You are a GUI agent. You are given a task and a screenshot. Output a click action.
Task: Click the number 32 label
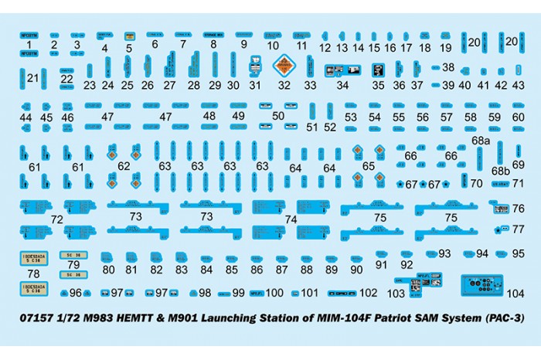[284, 86]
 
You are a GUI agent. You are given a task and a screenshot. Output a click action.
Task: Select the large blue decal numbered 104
[482, 285]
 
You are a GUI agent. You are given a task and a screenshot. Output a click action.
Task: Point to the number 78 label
[33, 273]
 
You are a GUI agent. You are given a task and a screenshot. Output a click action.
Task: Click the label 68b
[501, 170]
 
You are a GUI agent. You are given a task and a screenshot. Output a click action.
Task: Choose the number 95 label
[518, 253]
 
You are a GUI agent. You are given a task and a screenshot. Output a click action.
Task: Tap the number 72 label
[56, 220]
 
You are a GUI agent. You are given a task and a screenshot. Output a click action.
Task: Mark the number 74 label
[290, 219]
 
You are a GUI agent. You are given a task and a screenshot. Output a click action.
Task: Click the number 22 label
[67, 79]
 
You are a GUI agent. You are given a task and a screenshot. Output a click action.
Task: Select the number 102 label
[369, 293]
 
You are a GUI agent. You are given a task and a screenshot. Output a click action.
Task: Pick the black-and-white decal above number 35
[378, 70]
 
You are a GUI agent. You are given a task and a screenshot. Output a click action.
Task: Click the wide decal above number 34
[340, 70]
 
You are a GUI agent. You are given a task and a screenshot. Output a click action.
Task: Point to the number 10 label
[273, 46]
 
